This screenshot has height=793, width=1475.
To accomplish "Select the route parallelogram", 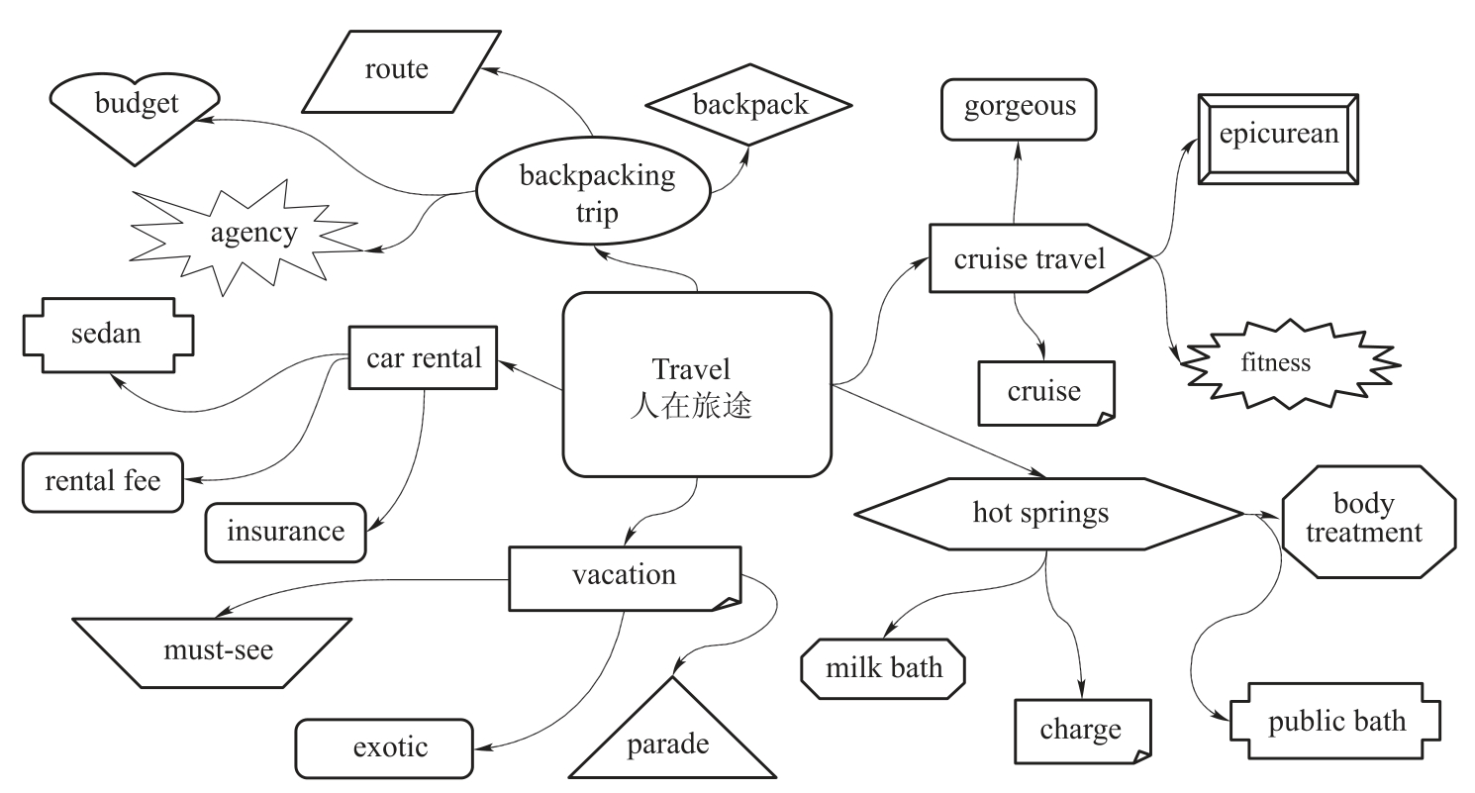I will pos(397,68).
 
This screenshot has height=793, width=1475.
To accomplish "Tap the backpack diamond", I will pos(748,104).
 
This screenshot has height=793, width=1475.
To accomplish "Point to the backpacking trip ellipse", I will pos(595,195).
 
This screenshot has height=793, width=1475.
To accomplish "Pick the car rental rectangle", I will pos(423,357).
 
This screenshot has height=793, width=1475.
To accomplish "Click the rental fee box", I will pos(103,482).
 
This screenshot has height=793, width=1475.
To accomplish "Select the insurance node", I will pos(285,532).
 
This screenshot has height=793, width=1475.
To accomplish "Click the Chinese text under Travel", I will pos(690,406).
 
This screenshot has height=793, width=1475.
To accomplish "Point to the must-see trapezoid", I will pos(212,651).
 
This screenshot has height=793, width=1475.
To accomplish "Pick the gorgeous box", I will pos(1019,108).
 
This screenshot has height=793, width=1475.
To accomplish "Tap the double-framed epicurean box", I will pos(1278,138).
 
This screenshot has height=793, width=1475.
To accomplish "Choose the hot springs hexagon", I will pos(1046,514).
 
